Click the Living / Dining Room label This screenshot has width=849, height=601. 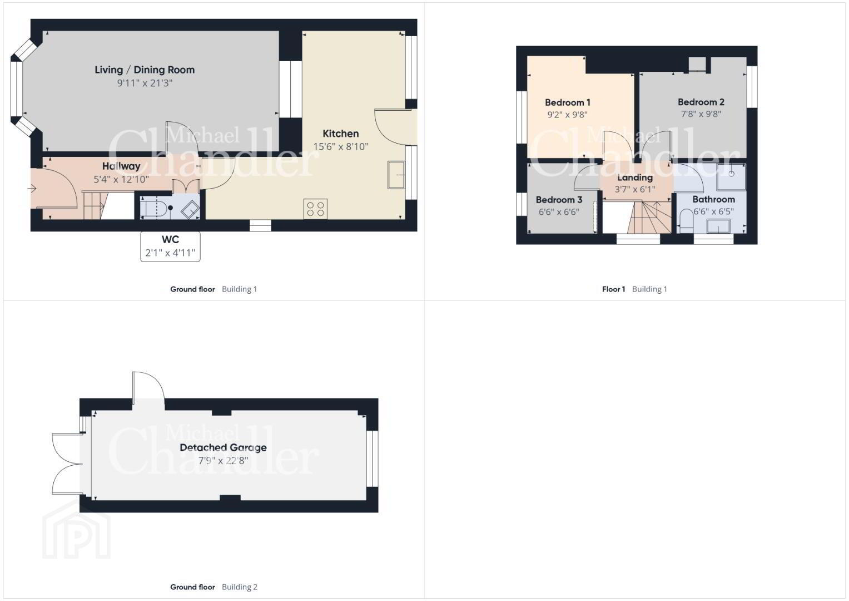pos(145,70)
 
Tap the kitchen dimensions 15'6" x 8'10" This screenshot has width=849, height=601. pos(341,146)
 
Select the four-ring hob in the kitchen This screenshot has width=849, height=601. pos(315,209)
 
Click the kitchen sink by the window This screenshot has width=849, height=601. pos(396,175)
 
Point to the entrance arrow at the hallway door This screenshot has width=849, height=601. pos(32,188)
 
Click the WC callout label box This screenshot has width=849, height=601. pos(170,247)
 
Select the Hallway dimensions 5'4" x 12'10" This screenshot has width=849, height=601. pos(121,179)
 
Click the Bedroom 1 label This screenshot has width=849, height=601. pos(567,102)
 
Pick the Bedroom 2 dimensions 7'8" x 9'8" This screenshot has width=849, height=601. pos(701,114)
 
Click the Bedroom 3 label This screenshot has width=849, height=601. pos(559,200)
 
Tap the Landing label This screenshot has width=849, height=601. pos(635,178)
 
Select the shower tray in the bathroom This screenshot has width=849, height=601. pos(731,177)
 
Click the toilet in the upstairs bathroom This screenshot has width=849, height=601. pos(686,221)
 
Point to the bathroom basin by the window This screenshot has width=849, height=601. pos(718,226)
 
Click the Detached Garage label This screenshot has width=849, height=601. pos(223,448)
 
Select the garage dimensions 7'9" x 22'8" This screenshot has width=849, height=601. pos(224,461)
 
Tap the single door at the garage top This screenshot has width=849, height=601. pos(148,386)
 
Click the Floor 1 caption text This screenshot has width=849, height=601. pos(614,289)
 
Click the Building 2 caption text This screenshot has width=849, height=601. pos(240,587)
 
